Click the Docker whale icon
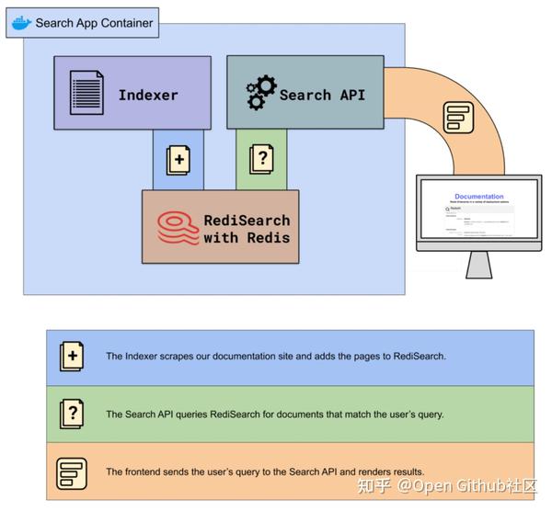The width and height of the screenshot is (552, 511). pyautogui.click(x=20, y=23)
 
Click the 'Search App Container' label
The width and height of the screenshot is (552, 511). pyautogui.click(x=94, y=23)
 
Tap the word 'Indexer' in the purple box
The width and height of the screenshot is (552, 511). pyautogui.click(x=148, y=95)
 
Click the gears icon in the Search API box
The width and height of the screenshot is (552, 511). pyautogui.click(x=260, y=94)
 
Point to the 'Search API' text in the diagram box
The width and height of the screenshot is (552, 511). pyautogui.click(x=323, y=95)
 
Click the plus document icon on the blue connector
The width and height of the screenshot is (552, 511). pyautogui.click(x=178, y=159)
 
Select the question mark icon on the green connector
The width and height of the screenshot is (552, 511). pyautogui.click(x=261, y=159)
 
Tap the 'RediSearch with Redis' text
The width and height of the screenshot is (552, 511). pyautogui.click(x=247, y=228)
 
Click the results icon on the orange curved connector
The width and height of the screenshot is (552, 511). pyautogui.click(x=457, y=118)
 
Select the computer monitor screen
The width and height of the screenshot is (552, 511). pyautogui.click(x=478, y=213)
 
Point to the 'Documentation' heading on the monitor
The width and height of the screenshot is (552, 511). pyautogui.click(x=478, y=197)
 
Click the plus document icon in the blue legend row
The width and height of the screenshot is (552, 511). pyautogui.click(x=72, y=356)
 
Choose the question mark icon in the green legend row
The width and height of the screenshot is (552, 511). pyautogui.click(x=72, y=414)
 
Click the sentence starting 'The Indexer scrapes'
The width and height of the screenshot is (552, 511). pyautogui.click(x=275, y=356)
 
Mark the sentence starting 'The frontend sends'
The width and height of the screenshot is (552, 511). pyautogui.click(x=265, y=471)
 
